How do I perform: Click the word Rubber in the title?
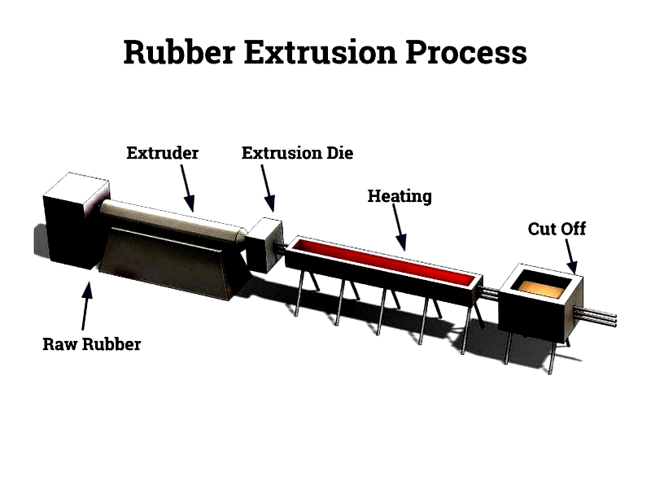179,52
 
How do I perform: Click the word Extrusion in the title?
320,52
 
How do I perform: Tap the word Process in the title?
466,52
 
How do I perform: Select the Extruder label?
162,153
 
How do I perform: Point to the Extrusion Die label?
297,153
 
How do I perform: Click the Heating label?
400,196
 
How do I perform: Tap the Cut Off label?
557,229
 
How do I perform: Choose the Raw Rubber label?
92,344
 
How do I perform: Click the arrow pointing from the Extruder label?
187,188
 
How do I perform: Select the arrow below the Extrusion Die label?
268,188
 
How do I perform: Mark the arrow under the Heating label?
400,227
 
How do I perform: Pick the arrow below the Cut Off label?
571,256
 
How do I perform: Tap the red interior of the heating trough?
385,260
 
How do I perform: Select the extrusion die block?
264,245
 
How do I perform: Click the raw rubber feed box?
75,221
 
